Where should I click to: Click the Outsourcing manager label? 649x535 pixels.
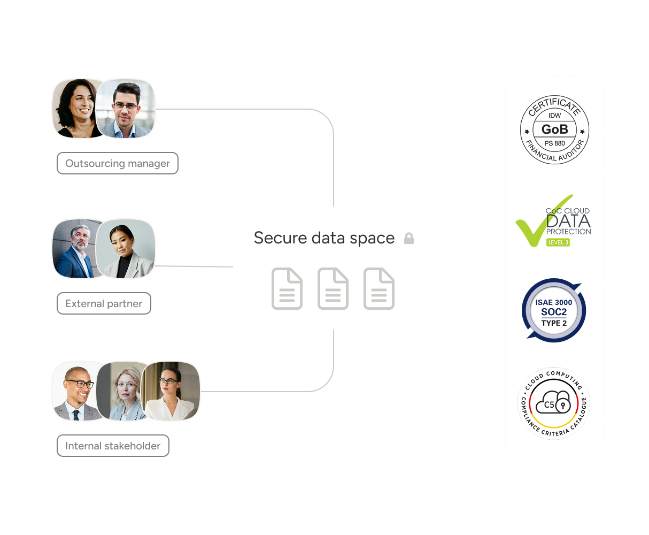pos(117,164)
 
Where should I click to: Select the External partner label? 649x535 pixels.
pos(104,304)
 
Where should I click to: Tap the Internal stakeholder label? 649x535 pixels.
pos(113,446)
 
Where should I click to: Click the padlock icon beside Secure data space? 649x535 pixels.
pos(409,239)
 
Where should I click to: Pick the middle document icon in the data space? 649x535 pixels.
pos(333,289)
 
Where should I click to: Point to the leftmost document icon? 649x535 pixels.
pos(287,289)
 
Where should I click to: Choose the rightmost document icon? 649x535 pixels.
pos(379,289)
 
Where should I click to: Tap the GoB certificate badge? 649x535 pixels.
pos(554,129)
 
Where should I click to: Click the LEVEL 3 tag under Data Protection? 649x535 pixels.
pos(558,242)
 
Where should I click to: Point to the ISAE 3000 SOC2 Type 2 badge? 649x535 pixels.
pos(554,311)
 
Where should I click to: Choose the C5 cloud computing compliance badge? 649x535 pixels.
pos(554,403)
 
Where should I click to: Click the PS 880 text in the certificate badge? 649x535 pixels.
pos(554,143)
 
